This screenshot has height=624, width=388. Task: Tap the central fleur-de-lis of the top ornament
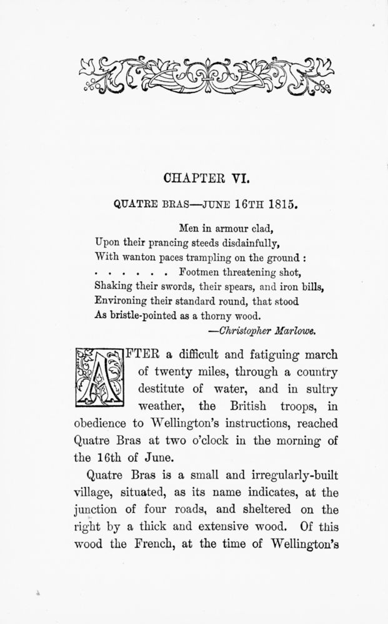pyautogui.click(x=194, y=71)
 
